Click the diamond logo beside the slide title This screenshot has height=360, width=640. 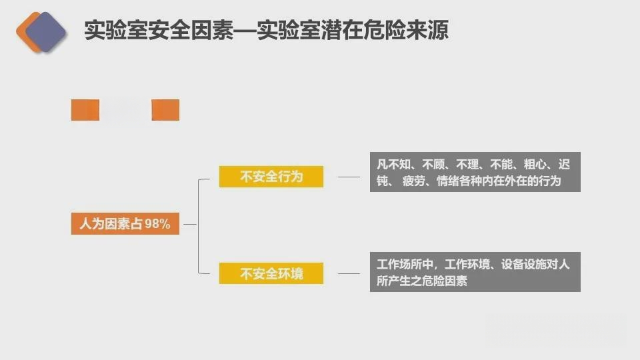click(x=41, y=32)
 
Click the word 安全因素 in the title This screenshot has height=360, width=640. click(x=191, y=30)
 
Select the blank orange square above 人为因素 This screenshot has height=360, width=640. click(x=85, y=110)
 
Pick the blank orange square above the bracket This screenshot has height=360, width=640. click(x=165, y=110)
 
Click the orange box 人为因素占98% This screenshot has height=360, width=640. click(x=125, y=224)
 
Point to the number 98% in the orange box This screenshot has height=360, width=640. click(x=157, y=224)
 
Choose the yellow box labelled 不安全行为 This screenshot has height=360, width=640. click(x=271, y=176)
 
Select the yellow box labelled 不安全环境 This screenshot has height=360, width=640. click(x=271, y=273)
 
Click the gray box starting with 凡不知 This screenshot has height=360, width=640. click(x=475, y=172)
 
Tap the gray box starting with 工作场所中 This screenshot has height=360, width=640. click(x=475, y=272)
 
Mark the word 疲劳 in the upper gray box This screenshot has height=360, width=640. click(x=413, y=181)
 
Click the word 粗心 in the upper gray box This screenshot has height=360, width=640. click(x=535, y=164)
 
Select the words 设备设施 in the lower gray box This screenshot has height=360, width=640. click(x=524, y=264)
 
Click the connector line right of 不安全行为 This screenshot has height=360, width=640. click(x=349, y=177)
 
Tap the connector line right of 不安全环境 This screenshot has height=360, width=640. click(x=349, y=273)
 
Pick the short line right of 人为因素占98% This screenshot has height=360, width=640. click(x=190, y=224)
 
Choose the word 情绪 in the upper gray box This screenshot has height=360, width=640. click(x=448, y=181)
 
